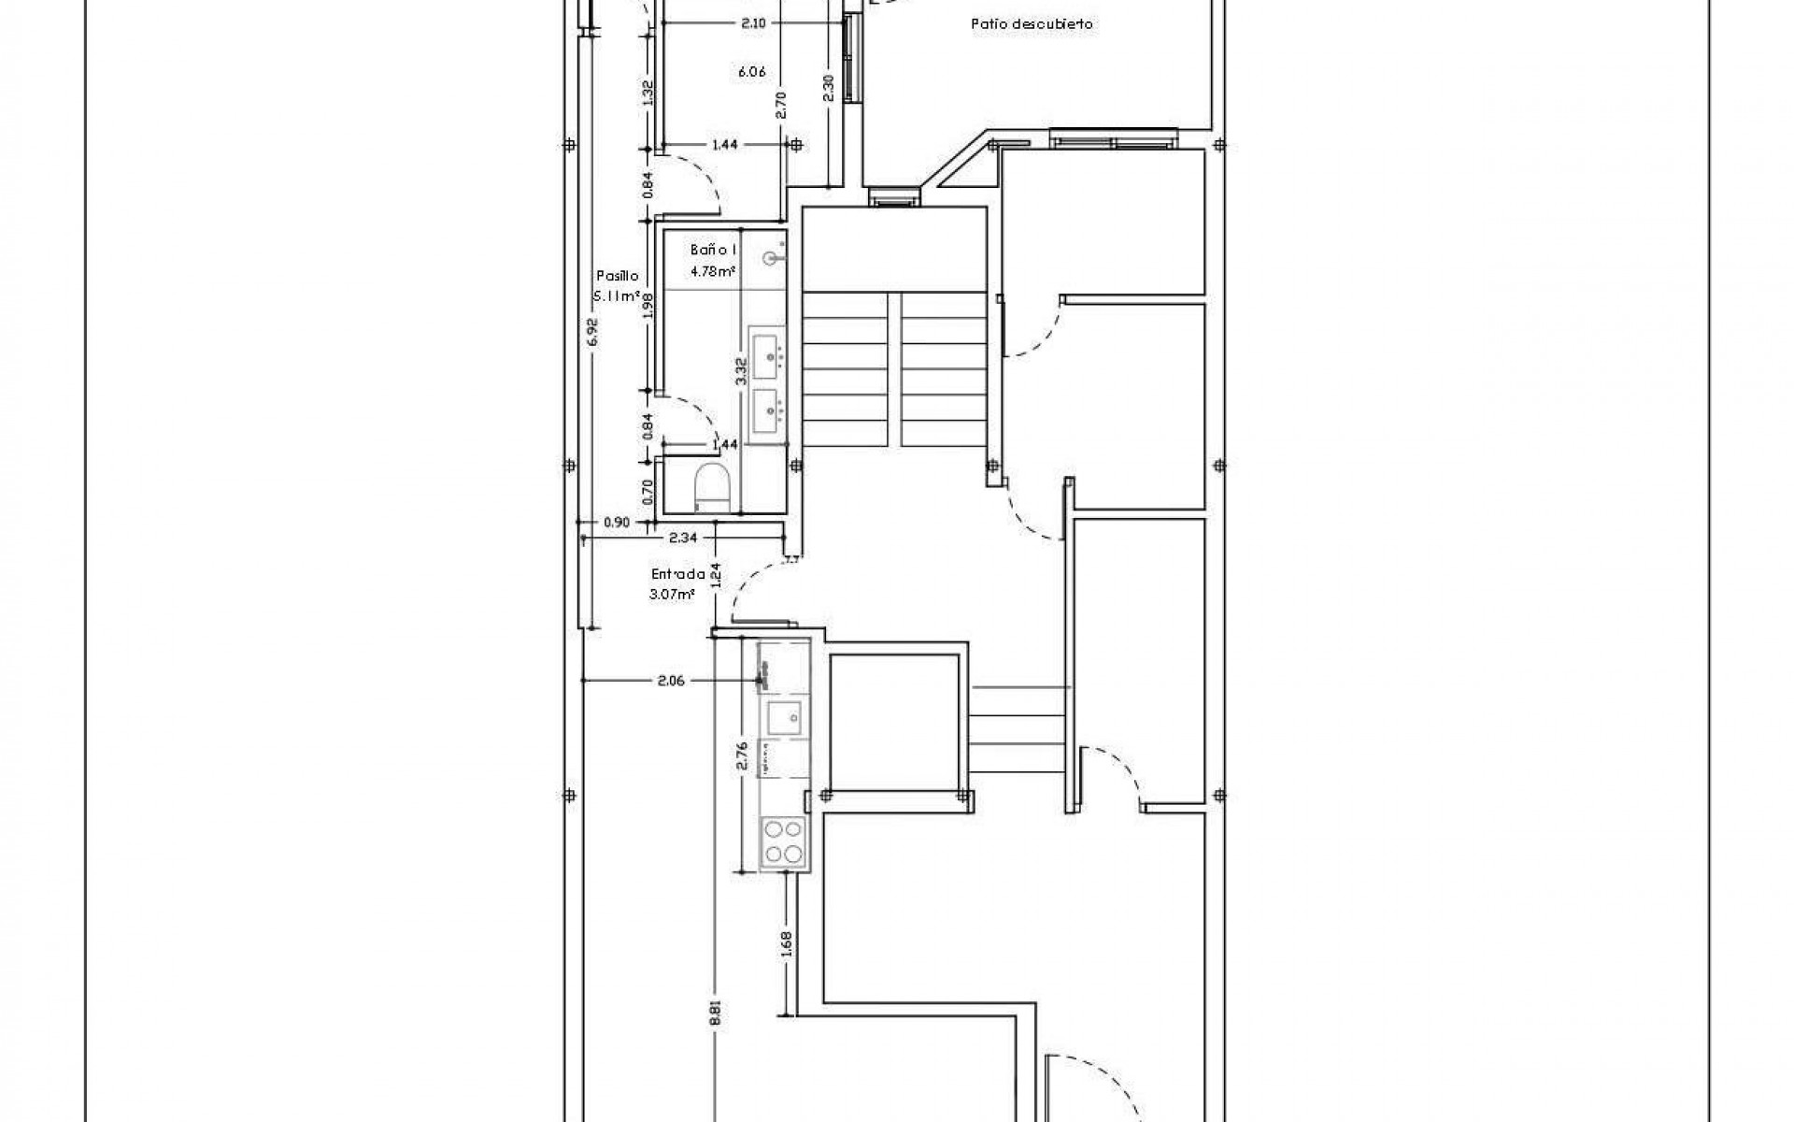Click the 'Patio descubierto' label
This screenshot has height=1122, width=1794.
(1032, 25)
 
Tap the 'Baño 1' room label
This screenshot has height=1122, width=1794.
(714, 251)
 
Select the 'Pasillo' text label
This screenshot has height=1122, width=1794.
(617, 276)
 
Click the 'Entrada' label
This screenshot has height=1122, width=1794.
(677, 575)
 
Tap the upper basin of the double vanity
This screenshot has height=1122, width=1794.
(769, 355)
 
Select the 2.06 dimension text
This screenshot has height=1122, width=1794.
(671, 681)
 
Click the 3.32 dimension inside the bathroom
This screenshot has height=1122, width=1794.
(740, 372)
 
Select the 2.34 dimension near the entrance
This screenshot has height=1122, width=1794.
(683, 538)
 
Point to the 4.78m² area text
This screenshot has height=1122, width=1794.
(712, 272)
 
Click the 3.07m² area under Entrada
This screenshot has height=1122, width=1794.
(673, 594)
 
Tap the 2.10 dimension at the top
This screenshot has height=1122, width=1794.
(753, 24)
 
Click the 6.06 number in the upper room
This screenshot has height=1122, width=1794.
(752, 71)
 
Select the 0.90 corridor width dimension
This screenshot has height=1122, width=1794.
(617, 523)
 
